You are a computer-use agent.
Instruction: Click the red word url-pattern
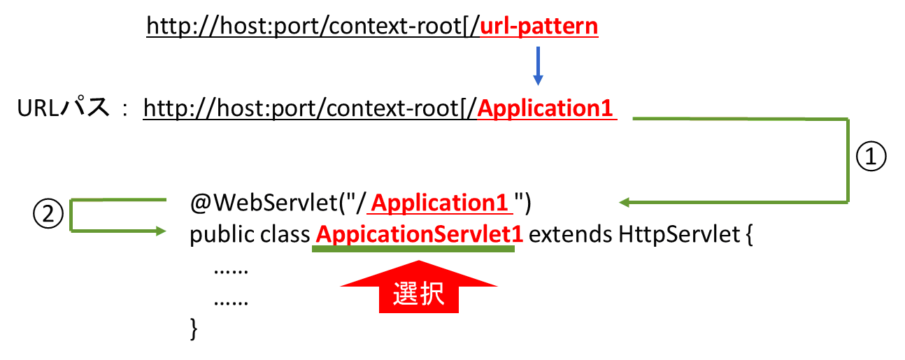click(539, 27)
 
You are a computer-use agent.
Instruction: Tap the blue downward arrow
click(537, 67)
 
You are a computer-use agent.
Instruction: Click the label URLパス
click(63, 109)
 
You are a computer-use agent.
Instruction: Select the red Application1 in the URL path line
click(546, 109)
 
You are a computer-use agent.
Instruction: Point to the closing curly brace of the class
click(194, 328)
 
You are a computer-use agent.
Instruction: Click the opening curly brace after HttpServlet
click(746, 236)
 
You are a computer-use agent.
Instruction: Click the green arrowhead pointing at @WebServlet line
click(625, 203)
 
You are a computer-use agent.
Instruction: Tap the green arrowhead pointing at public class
click(163, 230)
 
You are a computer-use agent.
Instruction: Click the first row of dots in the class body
click(231, 270)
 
